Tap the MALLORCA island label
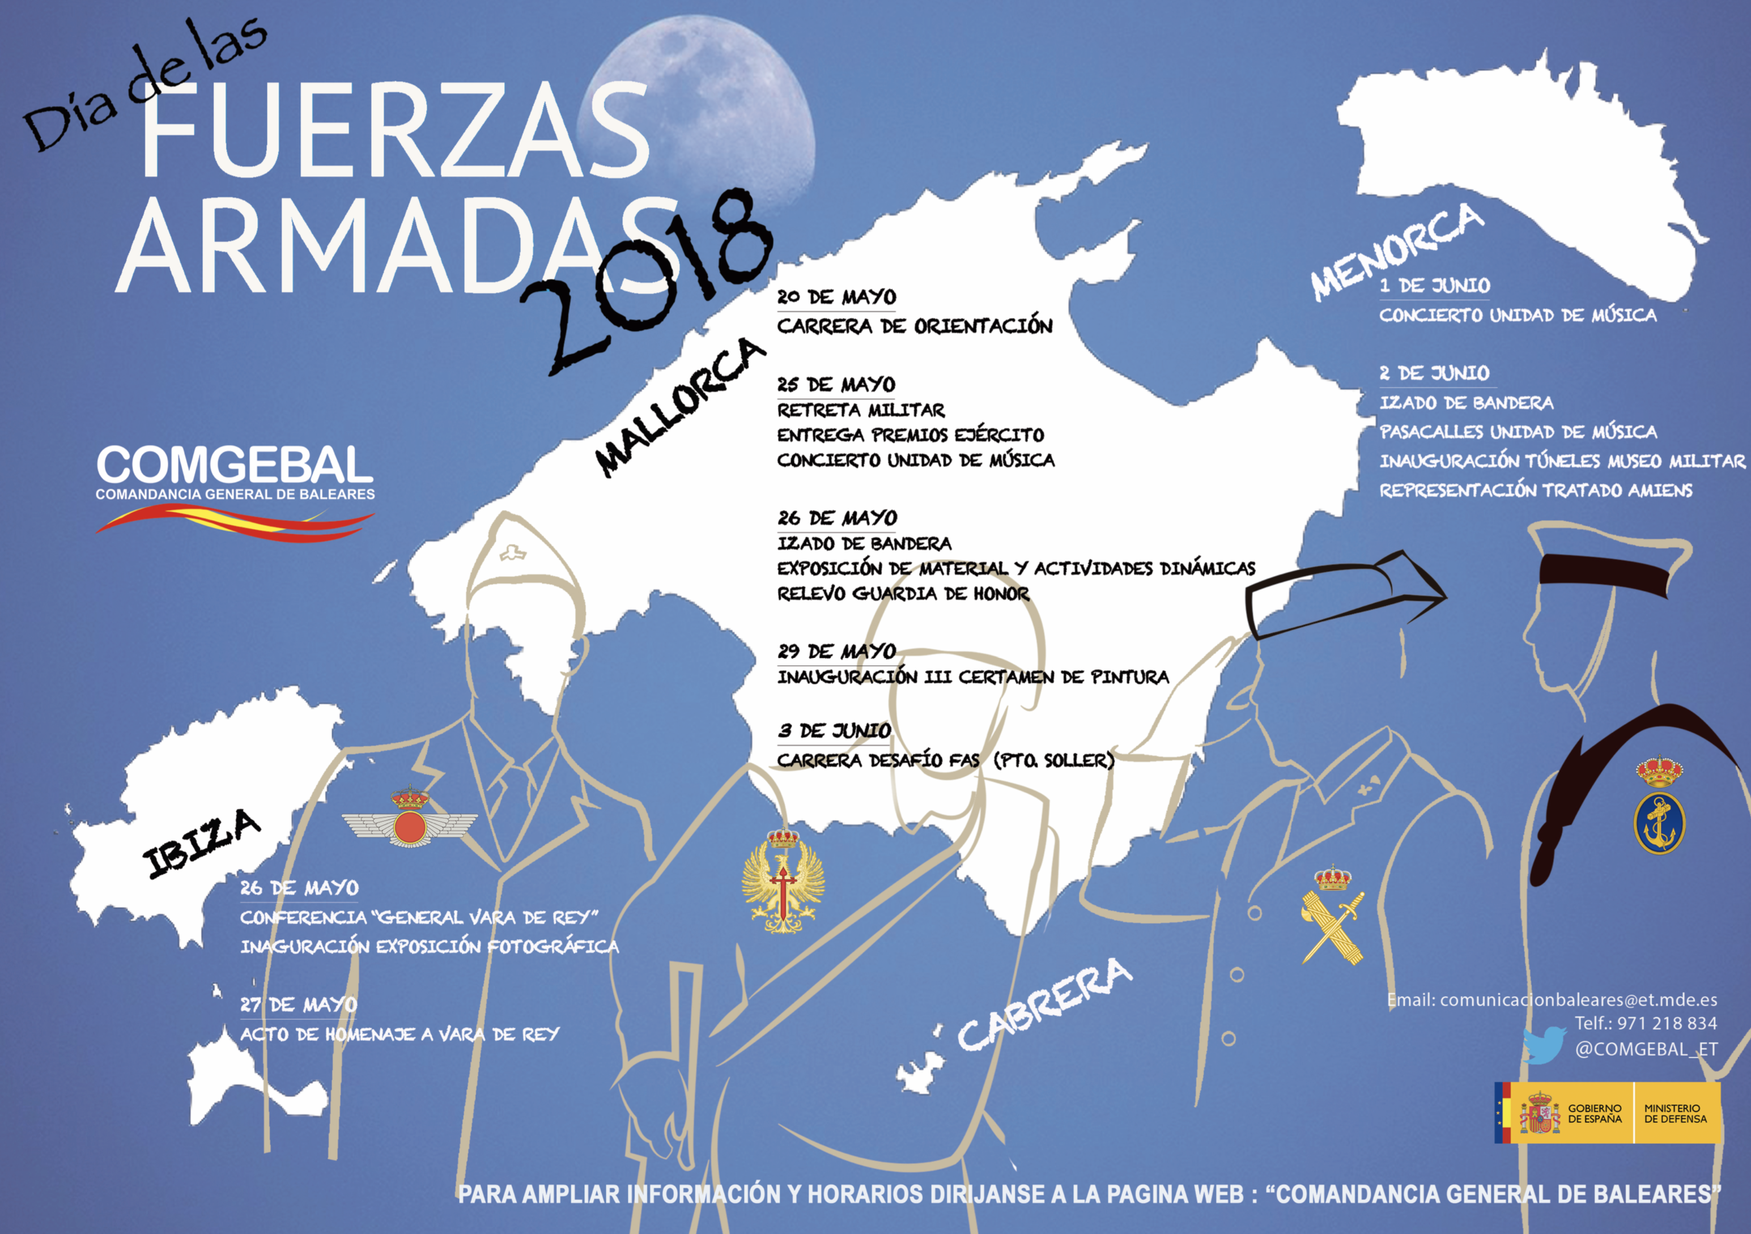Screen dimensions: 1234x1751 (679, 408)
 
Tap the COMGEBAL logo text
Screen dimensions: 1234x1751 (234, 465)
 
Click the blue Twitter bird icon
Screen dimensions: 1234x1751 (1544, 1045)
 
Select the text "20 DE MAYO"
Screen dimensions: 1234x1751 (836, 297)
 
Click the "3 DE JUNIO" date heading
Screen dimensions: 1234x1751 (834, 731)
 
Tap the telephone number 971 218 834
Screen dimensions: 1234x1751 (1667, 1023)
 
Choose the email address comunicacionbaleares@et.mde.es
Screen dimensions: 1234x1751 (1579, 1000)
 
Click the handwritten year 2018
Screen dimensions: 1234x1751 (648, 282)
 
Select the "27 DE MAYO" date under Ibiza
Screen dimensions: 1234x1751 (299, 1005)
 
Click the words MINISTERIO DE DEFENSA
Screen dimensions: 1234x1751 (1674, 1113)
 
